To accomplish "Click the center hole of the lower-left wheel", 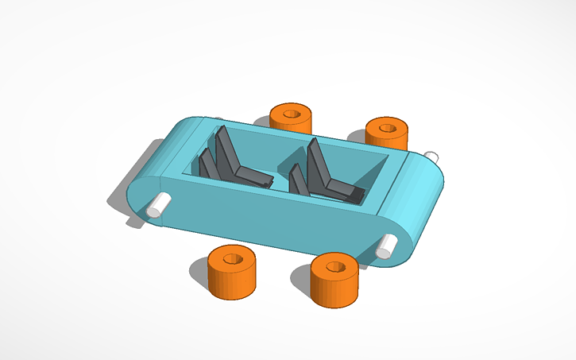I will click(x=234, y=259).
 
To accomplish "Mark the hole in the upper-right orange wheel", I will click(x=388, y=127).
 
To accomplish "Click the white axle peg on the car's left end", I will click(x=160, y=204).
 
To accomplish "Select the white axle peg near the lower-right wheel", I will click(x=386, y=246).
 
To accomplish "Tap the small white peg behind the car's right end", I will click(x=431, y=155).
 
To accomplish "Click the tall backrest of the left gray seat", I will click(x=227, y=151).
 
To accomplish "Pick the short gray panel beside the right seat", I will click(x=299, y=181).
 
